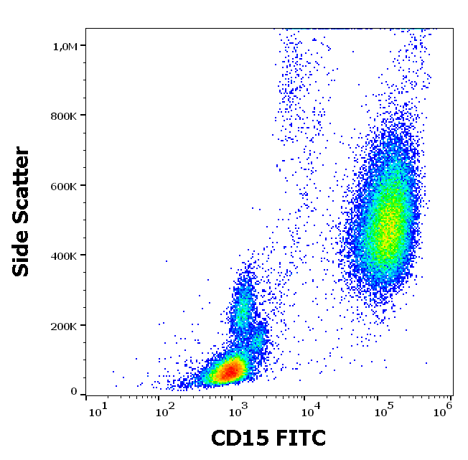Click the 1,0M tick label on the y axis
[x=65, y=46]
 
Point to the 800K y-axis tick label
[x=65, y=116]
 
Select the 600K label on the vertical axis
[x=65, y=186]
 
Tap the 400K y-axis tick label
[x=65, y=255]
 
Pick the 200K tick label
[x=65, y=326]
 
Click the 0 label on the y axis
[x=74, y=391]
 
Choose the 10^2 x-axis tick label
[x=168, y=411]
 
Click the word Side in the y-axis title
[x=22, y=255]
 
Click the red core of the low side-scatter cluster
[x=230, y=371]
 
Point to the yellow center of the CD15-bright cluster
[x=388, y=230]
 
